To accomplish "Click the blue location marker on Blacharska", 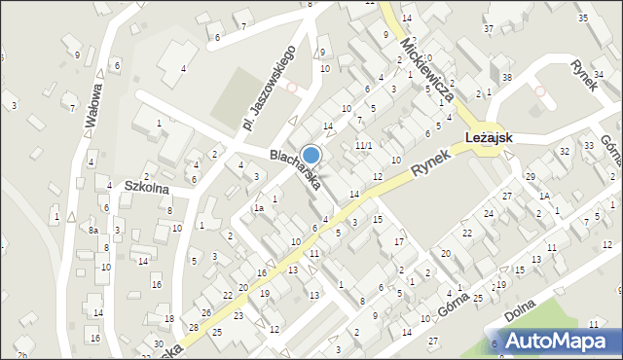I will [x=311, y=155].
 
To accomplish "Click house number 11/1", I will [x=363, y=145].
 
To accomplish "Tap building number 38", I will [x=506, y=76].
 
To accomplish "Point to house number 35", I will [x=582, y=18].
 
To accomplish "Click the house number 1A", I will [x=545, y=196].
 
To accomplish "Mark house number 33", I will [x=589, y=146].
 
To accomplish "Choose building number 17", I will [x=398, y=240].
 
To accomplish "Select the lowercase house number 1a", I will [x=259, y=208].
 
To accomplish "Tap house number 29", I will [x=531, y=176].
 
